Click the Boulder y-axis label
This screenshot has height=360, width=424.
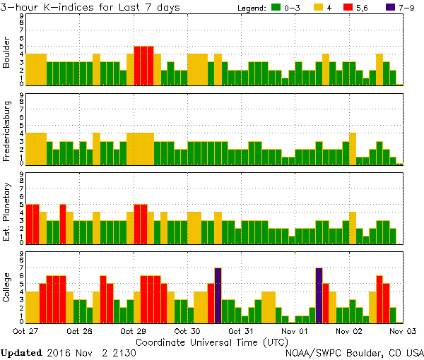[x=7, y=53]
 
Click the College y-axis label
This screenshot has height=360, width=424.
[x=7, y=288]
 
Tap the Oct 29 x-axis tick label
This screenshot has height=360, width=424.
[x=134, y=330]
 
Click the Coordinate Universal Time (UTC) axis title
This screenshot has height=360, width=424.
[x=212, y=341]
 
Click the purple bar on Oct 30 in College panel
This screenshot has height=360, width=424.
[x=218, y=294]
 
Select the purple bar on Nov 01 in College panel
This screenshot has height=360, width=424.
[x=319, y=294]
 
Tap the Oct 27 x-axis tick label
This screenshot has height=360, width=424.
[x=25, y=330]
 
